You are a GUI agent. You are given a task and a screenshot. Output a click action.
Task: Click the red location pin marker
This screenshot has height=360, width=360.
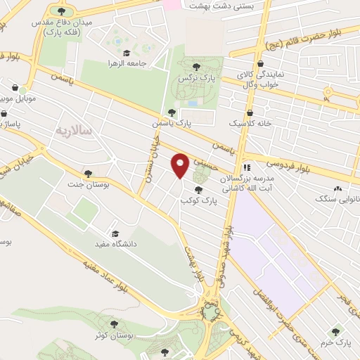click(x=180, y=165)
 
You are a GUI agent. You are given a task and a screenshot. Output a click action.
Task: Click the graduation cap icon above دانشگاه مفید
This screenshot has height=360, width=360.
click(x=115, y=234)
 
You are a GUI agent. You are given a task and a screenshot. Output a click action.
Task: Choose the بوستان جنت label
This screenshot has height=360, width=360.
click(x=88, y=184)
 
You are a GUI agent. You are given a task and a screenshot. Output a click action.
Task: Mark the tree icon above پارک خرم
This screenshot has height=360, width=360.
click(x=337, y=331)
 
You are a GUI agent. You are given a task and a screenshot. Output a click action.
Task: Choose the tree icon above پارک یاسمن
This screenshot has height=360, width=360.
click(x=172, y=112)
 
